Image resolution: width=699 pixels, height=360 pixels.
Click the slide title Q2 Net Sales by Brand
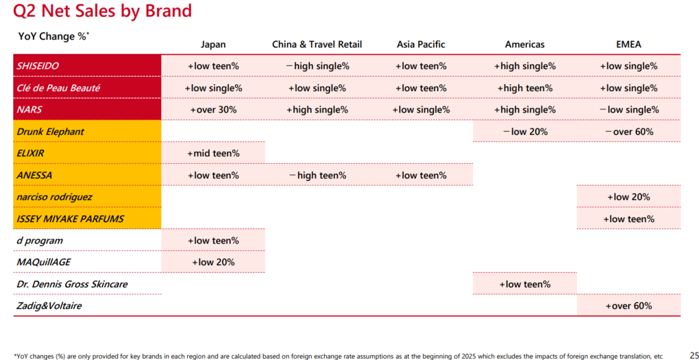tap(103, 11)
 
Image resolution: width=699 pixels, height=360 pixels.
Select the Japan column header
tap(213, 44)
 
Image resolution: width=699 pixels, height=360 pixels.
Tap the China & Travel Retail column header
tap(317, 44)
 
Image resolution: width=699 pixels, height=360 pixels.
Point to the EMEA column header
tap(628, 44)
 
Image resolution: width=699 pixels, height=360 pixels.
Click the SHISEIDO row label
tap(38, 66)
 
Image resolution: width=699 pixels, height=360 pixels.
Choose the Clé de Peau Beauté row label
tap(58, 88)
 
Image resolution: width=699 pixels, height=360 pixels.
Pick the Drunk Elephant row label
tap(50, 132)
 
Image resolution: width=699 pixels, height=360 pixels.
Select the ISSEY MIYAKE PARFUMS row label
tap(70, 219)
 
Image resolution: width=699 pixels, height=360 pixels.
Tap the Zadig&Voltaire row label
tap(49, 306)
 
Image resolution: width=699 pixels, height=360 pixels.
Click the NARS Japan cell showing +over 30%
tap(213, 110)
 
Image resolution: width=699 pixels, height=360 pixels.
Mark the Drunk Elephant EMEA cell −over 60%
tap(628, 132)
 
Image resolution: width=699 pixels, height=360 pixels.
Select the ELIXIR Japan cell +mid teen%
tap(213, 154)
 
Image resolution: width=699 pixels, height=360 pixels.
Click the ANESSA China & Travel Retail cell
tap(317, 176)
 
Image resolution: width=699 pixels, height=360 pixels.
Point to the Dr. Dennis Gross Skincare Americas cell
tap(525, 284)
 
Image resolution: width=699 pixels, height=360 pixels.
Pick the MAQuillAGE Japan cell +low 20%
tap(213, 263)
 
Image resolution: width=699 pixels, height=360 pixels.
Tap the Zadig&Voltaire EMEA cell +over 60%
tap(628, 306)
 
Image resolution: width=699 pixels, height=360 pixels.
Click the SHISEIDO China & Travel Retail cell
tap(317, 66)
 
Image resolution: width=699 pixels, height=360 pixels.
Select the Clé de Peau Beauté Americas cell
tap(525, 88)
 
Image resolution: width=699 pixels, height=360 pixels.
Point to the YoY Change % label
tap(53, 36)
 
